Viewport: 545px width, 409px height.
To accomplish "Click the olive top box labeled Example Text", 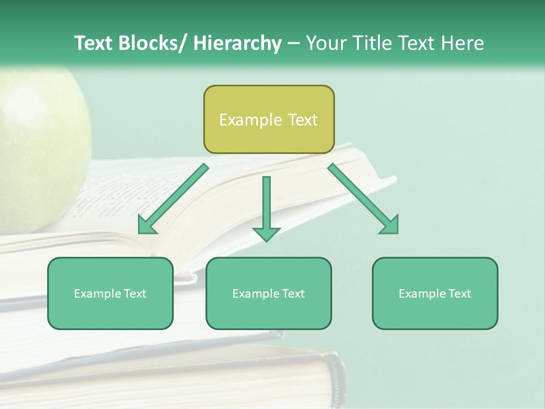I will coord(269,119).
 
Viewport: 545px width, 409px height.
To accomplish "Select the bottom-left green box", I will coord(110,293).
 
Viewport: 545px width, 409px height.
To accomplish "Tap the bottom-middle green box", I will coord(269,293).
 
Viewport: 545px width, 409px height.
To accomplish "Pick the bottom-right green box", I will coord(435,293).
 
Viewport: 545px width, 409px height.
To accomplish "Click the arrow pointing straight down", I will coord(266,208).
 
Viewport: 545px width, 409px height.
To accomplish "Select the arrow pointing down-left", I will coord(173,199).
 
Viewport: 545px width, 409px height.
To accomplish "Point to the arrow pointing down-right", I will coord(363,199).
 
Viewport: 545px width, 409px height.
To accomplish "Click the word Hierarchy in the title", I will coord(237,43).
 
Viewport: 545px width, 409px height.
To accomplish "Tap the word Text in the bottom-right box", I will coord(459,294).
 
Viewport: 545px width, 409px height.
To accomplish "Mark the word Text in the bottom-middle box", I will coord(293,294).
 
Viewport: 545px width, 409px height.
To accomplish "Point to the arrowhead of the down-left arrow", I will coord(146,226).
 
